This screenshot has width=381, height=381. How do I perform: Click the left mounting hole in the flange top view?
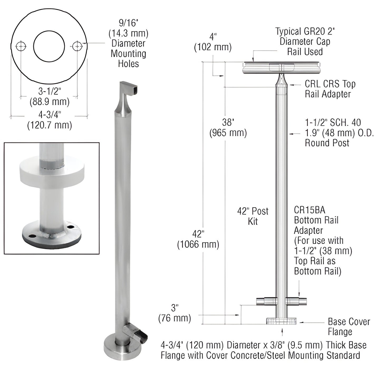[21, 46]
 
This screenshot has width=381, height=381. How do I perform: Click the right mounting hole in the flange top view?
[77, 46]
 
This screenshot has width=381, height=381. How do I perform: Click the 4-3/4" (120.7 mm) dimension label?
[50, 120]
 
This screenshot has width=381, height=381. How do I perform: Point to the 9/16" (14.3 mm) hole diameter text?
[128, 44]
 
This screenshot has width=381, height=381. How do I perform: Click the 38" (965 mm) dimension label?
[228, 128]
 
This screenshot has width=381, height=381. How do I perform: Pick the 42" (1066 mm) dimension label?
[198, 239]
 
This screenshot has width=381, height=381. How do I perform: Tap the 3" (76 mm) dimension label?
[175, 313]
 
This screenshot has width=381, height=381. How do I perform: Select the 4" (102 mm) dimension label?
[213, 42]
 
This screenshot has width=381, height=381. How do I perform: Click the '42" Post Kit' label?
[253, 216]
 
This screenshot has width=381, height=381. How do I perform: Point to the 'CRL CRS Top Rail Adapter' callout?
[330, 89]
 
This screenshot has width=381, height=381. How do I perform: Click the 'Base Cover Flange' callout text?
[349, 326]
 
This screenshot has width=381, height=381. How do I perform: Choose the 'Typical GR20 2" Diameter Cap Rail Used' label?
[305, 41]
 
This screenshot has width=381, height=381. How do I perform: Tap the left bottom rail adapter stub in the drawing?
[267, 301]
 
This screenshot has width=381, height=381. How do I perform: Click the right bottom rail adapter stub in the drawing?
[297, 301]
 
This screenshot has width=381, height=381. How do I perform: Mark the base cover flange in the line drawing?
[281, 321]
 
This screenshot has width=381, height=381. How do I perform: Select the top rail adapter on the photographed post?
[126, 99]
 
